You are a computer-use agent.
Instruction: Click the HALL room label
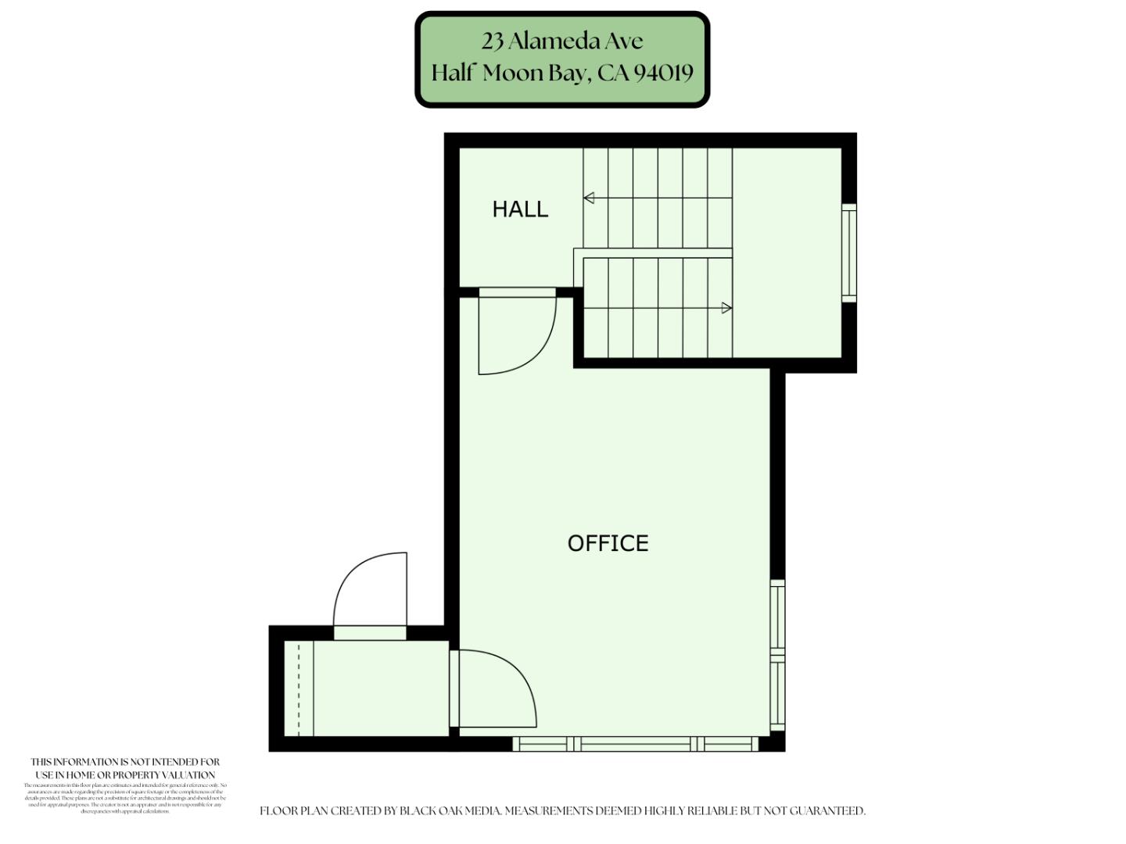click(x=520, y=209)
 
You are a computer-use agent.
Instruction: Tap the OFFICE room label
click(x=608, y=543)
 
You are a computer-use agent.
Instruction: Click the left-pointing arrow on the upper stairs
click(x=589, y=198)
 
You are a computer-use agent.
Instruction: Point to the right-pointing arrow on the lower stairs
click(x=726, y=308)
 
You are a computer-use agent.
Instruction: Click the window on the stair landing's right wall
click(x=849, y=252)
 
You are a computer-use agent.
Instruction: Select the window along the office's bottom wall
click(x=635, y=744)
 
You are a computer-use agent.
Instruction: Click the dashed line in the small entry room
click(x=299, y=688)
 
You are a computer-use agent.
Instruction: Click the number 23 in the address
click(x=492, y=41)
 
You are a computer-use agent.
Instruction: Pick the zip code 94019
click(x=663, y=73)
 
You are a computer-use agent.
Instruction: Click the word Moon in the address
click(x=513, y=73)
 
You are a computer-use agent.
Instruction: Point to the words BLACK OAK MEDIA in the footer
click(x=450, y=811)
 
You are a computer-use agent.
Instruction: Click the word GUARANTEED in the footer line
click(x=827, y=811)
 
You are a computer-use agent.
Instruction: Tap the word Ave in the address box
click(x=622, y=41)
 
